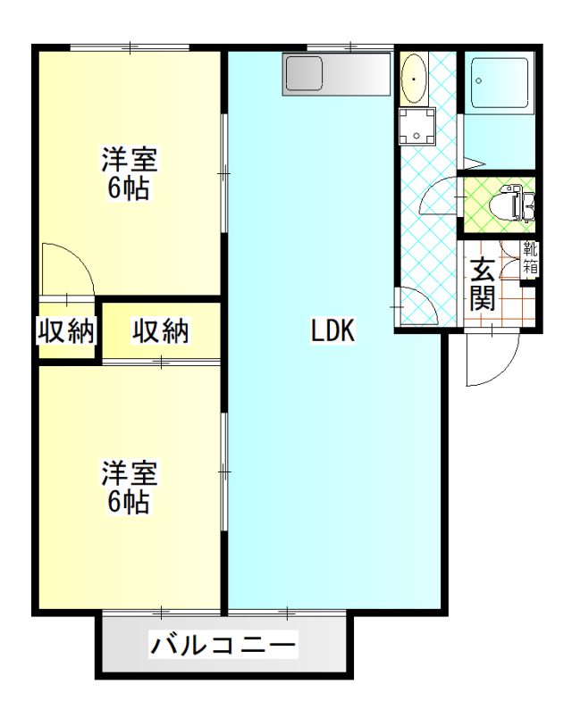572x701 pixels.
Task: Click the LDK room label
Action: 333,331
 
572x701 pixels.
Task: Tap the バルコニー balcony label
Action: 223,645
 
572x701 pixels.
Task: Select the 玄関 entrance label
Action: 482,283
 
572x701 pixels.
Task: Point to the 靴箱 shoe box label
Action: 531,257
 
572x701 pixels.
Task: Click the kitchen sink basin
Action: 304,73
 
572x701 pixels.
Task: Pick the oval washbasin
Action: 415,79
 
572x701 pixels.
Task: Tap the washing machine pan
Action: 416,126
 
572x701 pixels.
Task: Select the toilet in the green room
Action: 513,204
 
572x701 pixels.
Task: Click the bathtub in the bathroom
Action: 500,83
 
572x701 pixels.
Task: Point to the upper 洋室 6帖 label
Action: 129,173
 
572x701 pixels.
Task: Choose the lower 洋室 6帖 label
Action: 129,488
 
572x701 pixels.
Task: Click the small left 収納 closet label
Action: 66,331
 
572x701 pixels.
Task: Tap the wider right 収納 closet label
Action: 160,331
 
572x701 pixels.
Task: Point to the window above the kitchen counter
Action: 350,46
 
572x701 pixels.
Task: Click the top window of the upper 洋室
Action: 130,47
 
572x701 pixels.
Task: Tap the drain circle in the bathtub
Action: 479,81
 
